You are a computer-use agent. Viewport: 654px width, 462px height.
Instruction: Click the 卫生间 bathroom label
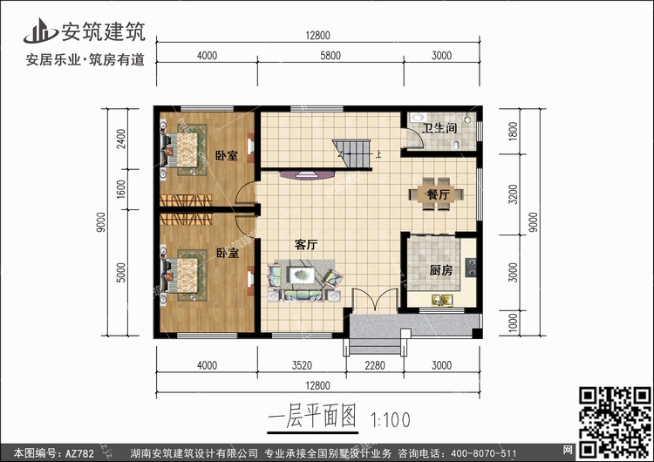tap(439, 128)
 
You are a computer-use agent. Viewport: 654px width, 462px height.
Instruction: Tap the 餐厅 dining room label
tap(438, 194)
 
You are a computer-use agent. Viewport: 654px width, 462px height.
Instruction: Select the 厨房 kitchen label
tap(441, 270)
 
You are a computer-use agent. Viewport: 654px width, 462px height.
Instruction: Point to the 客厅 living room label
tap(306, 245)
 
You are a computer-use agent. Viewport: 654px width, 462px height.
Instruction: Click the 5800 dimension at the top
tap(330, 56)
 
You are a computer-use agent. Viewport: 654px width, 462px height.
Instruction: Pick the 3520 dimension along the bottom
tap(302, 365)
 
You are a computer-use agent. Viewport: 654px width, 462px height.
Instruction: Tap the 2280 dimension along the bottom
tap(375, 365)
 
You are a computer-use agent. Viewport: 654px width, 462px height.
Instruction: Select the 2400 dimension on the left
tap(121, 139)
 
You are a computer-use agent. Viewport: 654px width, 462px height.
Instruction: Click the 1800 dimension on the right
tap(513, 131)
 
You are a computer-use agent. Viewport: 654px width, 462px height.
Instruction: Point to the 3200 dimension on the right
tap(513, 194)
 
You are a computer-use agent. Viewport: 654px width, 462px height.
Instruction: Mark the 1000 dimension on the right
tap(513, 323)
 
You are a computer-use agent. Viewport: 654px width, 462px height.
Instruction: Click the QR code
tap(614, 421)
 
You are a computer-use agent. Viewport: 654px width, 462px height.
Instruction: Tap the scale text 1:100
tap(391, 419)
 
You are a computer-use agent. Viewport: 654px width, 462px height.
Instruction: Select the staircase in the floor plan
tap(351, 153)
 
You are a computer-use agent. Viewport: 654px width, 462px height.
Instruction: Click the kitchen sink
tap(442, 300)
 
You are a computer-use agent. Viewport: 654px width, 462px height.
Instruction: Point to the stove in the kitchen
tap(471, 268)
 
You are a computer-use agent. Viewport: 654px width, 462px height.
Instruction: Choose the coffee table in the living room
tap(302, 275)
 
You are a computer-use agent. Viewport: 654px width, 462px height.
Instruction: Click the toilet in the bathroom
tap(457, 145)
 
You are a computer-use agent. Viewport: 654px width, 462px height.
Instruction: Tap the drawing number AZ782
tap(79, 452)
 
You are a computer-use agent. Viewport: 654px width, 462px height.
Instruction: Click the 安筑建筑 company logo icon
tap(39, 31)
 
